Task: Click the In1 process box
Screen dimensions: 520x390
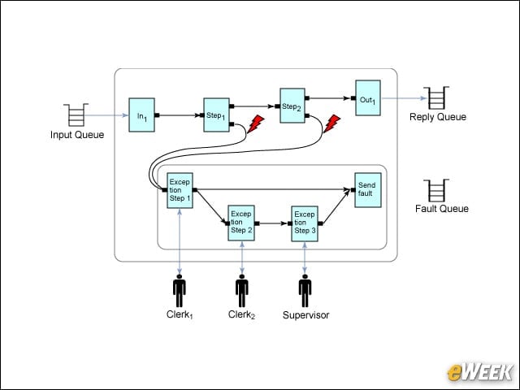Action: [x=141, y=115]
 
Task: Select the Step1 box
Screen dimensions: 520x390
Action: [x=217, y=115]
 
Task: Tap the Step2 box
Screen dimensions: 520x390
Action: [x=292, y=106]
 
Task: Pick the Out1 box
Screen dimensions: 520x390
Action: [x=368, y=97]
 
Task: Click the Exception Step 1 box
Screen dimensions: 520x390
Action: [x=180, y=190]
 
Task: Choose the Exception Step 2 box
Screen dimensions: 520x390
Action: [x=241, y=223]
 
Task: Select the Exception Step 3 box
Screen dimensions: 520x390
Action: [x=305, y=223]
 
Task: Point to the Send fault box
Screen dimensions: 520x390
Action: [x=368, y=190]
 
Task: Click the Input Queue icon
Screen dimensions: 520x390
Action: [x=76, y=115]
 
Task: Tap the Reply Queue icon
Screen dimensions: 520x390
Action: [x=436, y=97]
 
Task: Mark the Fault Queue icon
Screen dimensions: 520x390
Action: [x=436, y=190]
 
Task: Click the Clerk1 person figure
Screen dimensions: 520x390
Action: [x=180, y=291]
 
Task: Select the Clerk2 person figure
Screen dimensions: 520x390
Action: [x=242, y=291]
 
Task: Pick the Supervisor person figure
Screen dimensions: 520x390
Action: [x=305, y=291]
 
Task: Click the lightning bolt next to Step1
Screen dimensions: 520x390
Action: [x=256, y=124]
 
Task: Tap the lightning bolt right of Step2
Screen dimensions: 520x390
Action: [x=332, y=123]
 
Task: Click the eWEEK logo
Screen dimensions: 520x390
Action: [x=479, y=372]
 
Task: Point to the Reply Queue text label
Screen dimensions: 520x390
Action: [x=438, y=117]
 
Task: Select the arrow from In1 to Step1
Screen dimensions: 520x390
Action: [x=180, y=115]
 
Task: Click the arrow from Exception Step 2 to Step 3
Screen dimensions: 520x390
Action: [x=273, y=223]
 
